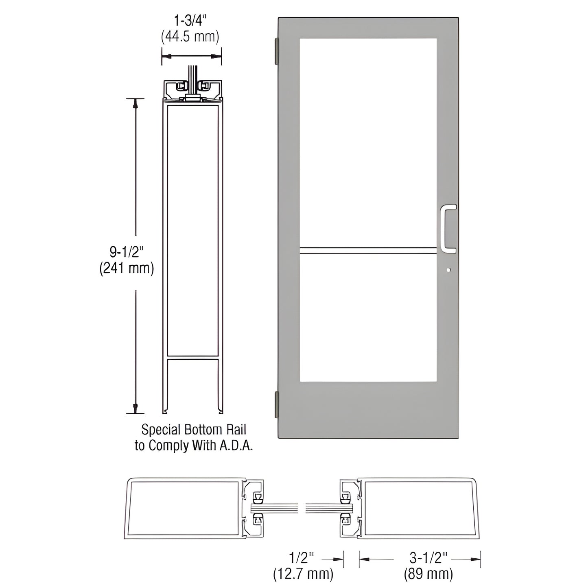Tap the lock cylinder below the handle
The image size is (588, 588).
(448, 269)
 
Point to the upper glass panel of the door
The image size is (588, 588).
(368, 142)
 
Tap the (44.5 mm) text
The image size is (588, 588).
(190, 37)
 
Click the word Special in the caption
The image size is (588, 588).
(161, 430)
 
